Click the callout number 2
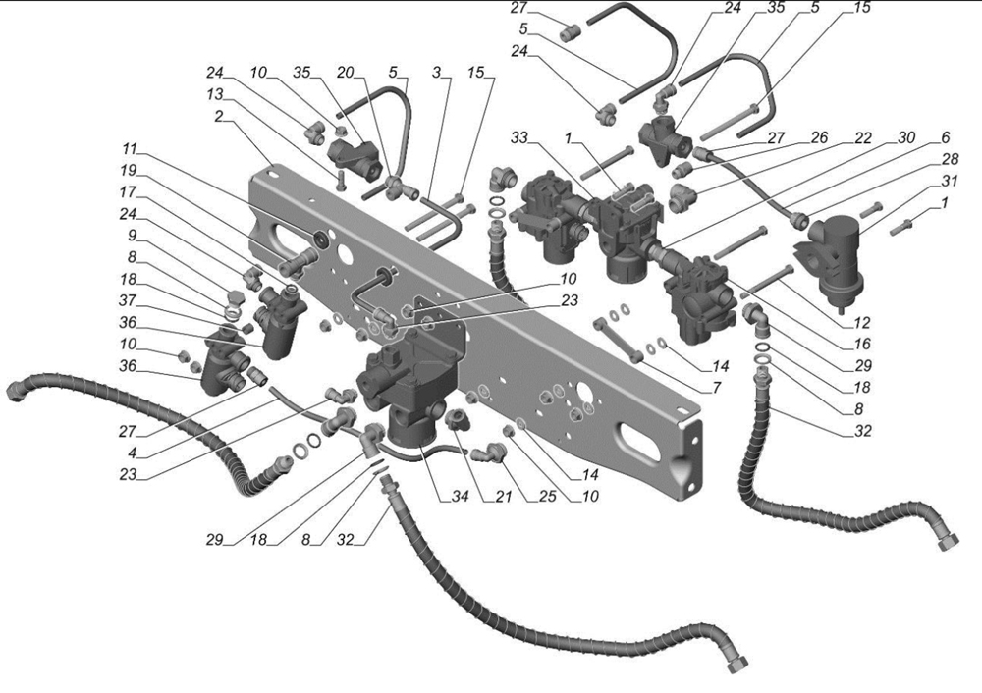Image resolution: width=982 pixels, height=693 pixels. (219, 116)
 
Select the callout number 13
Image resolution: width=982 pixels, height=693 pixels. (215, 94)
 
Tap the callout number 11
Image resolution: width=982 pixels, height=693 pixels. (130, 149)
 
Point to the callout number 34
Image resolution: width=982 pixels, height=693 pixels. (461, 497)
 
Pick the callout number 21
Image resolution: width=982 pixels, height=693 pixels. (504, 497)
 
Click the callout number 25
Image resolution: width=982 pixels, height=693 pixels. (547, 497)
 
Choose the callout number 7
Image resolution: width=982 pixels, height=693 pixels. (717, 388)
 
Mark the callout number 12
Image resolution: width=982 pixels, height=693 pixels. (862, 323)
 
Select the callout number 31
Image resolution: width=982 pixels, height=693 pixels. (950, 181)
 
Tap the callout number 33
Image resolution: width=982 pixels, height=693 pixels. (519, 138)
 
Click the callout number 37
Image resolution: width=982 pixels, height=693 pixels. (128, 300)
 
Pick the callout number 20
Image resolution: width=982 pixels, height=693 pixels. (345, 72)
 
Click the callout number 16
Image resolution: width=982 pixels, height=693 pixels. (862, 344)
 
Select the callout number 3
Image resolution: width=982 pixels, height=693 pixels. (437, 72)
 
